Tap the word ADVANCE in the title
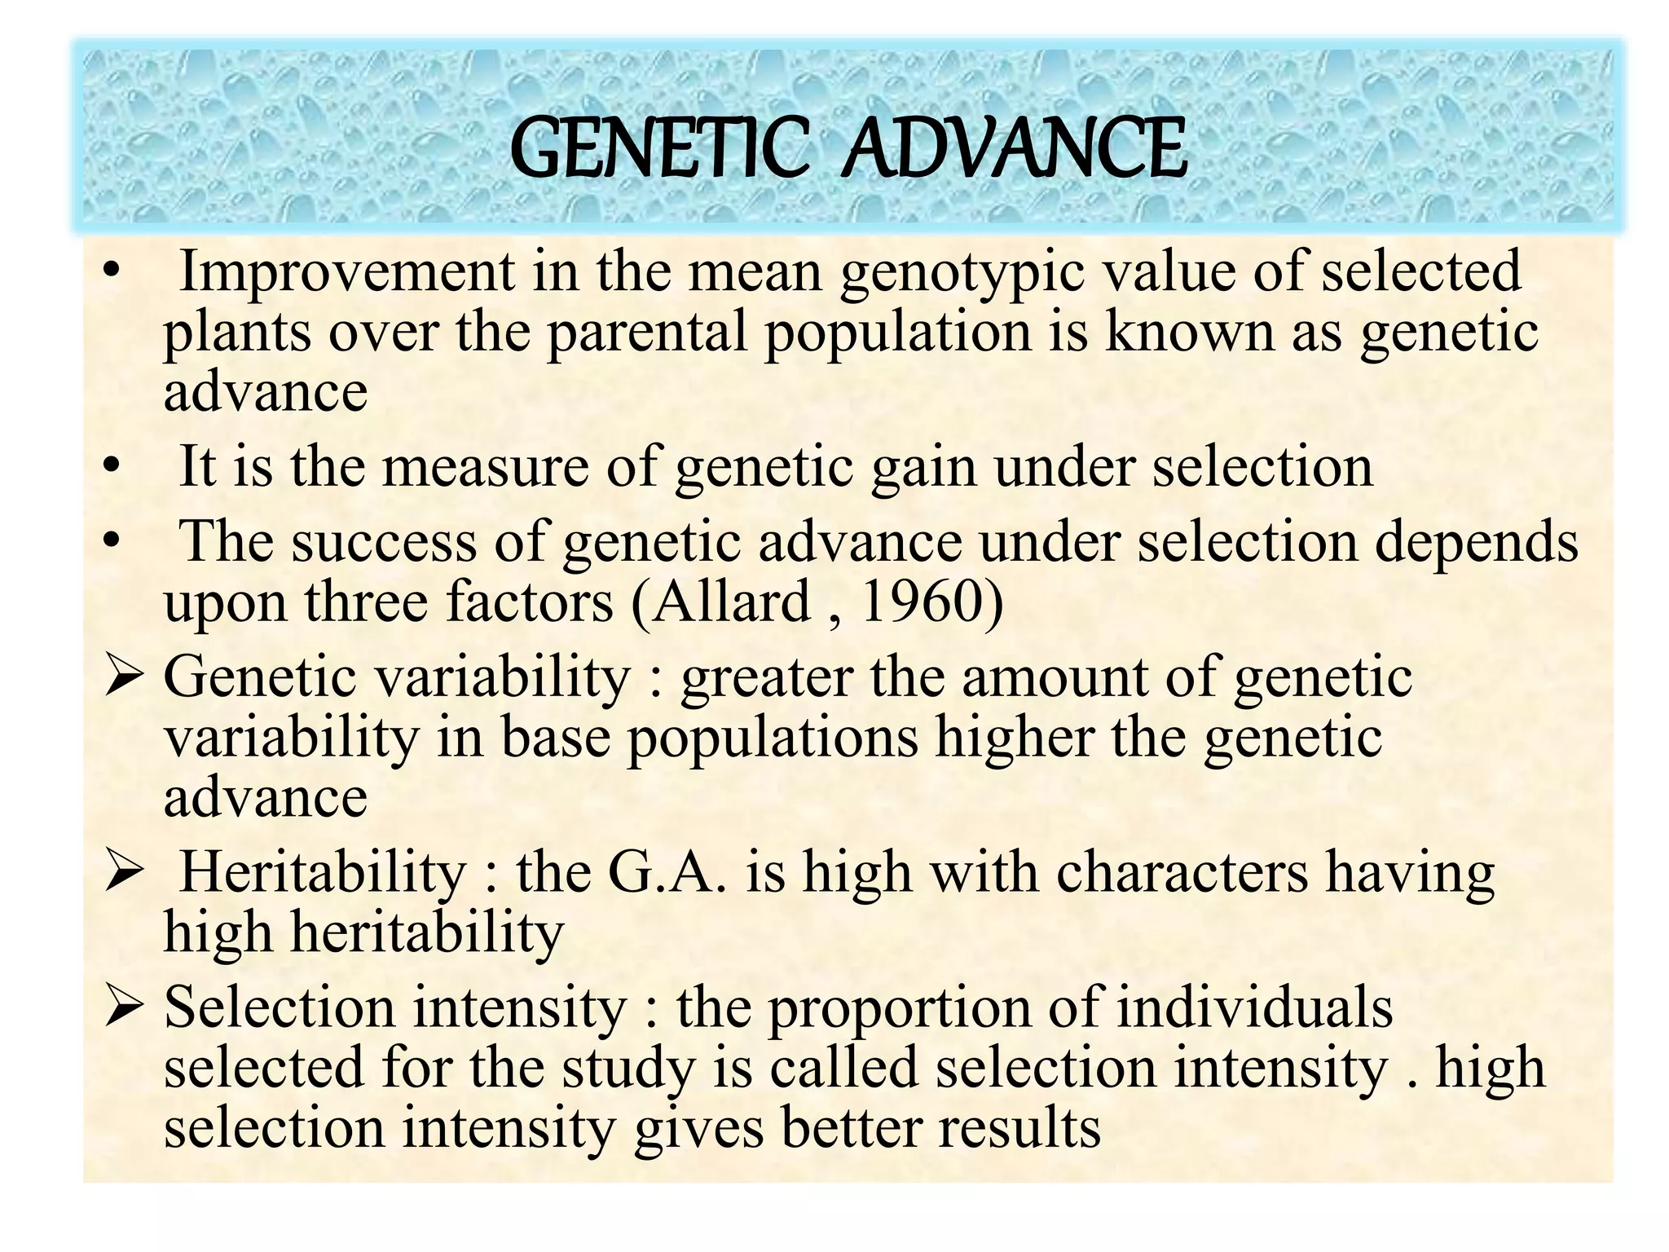pyautogui.click(x=1014, y=148)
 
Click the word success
pyautogui.click(x=384, y=543)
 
